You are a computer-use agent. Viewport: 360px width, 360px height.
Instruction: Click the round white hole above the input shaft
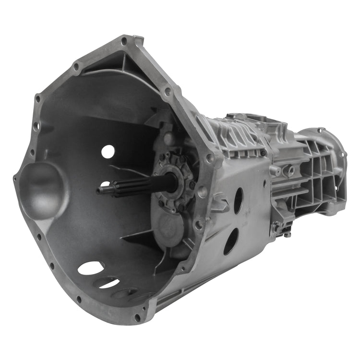pos(108,152)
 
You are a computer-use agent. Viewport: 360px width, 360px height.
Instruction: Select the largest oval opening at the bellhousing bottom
pos(91,268)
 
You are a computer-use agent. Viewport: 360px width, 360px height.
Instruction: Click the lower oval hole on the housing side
pos(231,241)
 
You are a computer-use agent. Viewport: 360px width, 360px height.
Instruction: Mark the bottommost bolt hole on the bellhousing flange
pos(138,317)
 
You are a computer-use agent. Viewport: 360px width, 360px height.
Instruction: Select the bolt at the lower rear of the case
pos(287,234)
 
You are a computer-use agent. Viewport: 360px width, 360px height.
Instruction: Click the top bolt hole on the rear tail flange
pos(319,130)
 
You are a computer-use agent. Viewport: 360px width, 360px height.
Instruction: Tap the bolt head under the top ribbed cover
pos(263,153)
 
